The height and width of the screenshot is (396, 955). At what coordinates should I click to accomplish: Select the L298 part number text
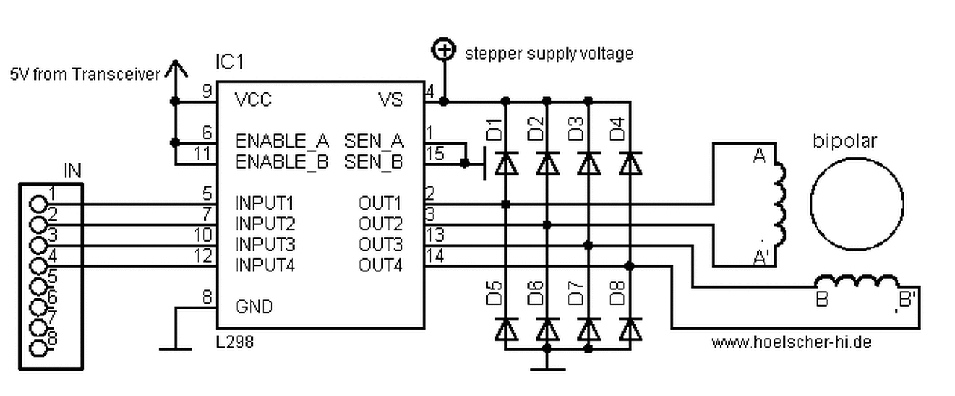(234, 342)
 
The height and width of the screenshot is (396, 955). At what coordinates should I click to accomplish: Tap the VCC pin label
(253, 99)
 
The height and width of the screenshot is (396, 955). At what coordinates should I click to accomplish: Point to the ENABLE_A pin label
(282, 141)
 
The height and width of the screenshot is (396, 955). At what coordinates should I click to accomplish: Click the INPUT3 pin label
(266, 245)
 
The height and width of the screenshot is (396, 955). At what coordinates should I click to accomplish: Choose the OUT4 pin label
(380, 265)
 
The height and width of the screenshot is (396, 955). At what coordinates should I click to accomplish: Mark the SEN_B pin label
(374, 161)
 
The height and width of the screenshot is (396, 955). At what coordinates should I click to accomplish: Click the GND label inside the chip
(254, 307)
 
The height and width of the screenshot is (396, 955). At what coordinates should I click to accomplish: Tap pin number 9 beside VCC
(207, 92)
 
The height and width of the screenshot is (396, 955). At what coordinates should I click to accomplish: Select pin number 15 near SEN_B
(433, 154)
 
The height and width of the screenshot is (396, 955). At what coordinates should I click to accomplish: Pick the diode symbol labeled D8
(630, 328)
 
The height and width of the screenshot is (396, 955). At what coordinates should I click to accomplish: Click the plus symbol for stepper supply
(444, 51)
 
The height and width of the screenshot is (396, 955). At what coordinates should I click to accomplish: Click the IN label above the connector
(72, 172)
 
